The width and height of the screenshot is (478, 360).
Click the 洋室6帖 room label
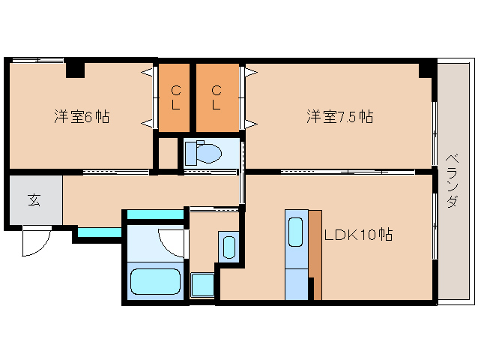(x=82, y=117)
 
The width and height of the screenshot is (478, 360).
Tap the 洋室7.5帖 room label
(x=339, y=117)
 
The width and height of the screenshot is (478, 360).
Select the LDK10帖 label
(x=358, y=234)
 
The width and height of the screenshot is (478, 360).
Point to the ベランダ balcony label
(x=451, y=181)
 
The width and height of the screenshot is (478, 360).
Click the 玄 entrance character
(x=34, y=199)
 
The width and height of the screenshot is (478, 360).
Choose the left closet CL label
(x=176, y=97)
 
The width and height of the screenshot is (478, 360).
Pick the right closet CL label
(x=216, y=97)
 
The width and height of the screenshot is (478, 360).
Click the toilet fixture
(x=203, y=152)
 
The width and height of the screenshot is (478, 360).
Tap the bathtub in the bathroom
(x=156, y=282)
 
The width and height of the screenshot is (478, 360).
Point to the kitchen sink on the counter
(x=295, y=233)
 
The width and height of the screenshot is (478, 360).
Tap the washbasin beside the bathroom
(x=229, y=246)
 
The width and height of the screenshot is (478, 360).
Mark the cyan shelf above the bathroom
(x=155, y=215)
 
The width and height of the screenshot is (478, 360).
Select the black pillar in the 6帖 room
(x=74, y=70)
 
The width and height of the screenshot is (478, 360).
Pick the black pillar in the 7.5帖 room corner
(x=426, y=70)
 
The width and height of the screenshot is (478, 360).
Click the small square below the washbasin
(x=202, y=285)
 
